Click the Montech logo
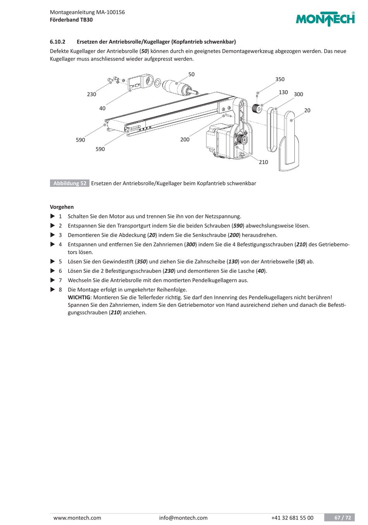pos(325,19)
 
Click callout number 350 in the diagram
pos(280,79)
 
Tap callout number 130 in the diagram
pos(283,92)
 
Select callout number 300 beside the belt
pos(298,94)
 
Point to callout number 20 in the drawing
pos(307,110)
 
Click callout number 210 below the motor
pos(263,162)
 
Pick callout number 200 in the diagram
pos(185,139)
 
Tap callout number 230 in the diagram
pos(91,94)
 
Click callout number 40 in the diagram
pos(102,108)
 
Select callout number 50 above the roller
pos(191,74)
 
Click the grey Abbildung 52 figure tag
pos(70,183)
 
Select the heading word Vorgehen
pos(62,207)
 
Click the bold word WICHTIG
pos(79,297)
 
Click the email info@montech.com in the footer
pos(183,518)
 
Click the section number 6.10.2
pos(58,42)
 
